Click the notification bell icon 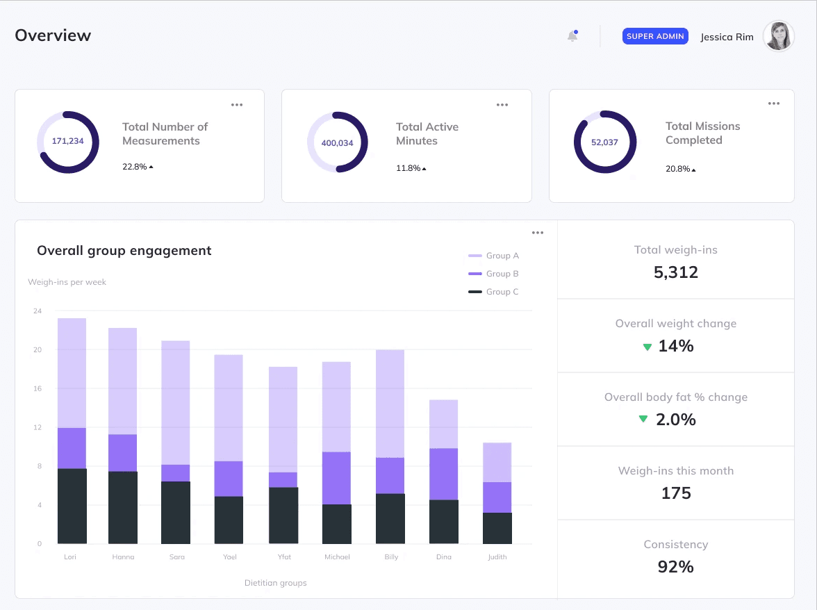pos(572,36)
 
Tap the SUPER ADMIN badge pos(655,36)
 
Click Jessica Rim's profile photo pos(779,36)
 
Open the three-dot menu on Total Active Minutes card pos(502,105)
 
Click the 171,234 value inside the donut pos(67,141)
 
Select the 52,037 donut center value pos(604,142)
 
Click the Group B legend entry pos(494,274)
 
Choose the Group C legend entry pos(494,292)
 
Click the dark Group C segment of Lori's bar pos(72,506)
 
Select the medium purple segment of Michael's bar pos(336,478)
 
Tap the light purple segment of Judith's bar pos(497,462)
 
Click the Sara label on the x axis pos(176,557)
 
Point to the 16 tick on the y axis pos(38,388)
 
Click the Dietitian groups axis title pos(275,583)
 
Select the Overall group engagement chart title pos(124,251)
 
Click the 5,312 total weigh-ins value pos(675,272)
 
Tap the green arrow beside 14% pos(647,347)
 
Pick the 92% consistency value pos(675,566)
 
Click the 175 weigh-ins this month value pos(675,493)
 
